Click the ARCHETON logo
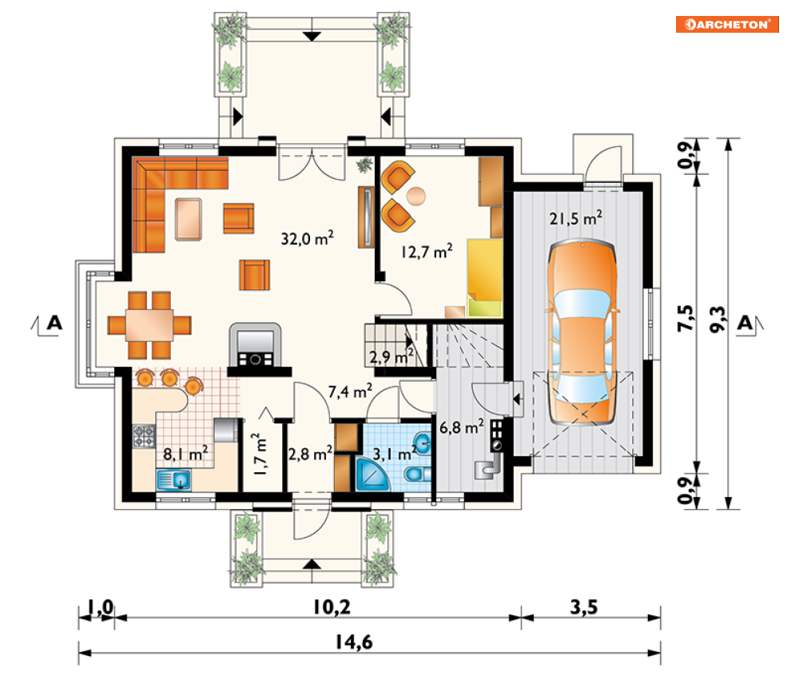coord(727,24)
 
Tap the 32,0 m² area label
coord(308,238)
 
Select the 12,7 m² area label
coord(427,251)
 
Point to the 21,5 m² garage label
coord(576,218)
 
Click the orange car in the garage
coord(582,332)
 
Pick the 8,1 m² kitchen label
coord(185,453)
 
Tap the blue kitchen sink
coord(174,479)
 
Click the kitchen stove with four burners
coord(144,436)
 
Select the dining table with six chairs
coord(149,325)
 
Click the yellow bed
coord(485,278)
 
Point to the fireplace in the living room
coord(256,349)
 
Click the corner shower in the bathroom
coord(372,474)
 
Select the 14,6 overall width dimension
coord(354,642)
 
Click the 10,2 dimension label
coord(332,606)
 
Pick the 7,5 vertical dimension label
coord(686,319)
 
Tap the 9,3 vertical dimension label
coord(718,320)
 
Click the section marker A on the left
coord(54,323)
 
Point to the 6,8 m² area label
coord(461,427)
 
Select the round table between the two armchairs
coord(416,197)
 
